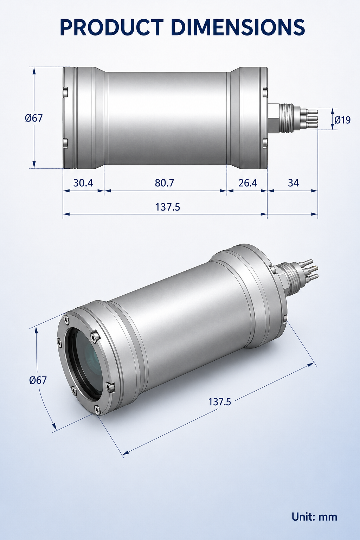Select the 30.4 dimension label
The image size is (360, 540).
[x=83, y=183]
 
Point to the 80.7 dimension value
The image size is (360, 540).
[x=164, y=183]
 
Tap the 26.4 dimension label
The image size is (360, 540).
[x=247, y=183]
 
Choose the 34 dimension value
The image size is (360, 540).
[x=293, y=183]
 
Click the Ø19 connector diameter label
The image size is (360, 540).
[x=342, y=120]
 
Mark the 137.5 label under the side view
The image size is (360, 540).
[x=167, y=207]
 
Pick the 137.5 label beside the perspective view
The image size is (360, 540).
[x=219, y=402]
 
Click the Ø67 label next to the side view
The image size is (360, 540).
[x=34, y=118]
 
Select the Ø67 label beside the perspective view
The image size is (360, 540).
[x=38, y=380]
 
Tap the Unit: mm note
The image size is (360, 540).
[x=314, y=516]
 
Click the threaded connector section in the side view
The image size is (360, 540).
[x=286, y=118]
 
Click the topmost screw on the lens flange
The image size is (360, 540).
[x=66, y=320]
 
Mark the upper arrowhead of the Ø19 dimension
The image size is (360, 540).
[x=333, y=111]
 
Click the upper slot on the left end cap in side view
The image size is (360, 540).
[x=65, y=93]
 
